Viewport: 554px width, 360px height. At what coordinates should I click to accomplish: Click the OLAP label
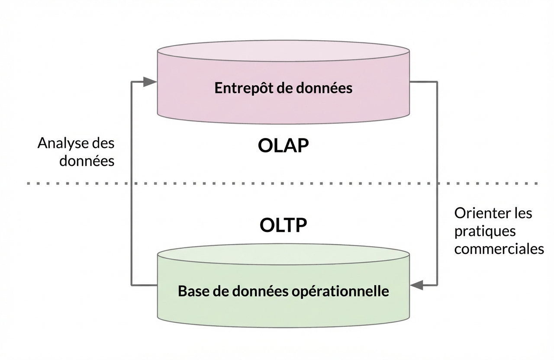(x=283, y=146)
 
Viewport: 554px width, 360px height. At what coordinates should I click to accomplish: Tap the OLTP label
(x=283, y=225)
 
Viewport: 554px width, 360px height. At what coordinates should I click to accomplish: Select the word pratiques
(x=479, y=231)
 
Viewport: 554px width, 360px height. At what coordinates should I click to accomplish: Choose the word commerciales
(x=499, y=249)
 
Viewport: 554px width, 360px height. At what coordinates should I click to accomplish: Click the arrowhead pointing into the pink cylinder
(x=150, y=81)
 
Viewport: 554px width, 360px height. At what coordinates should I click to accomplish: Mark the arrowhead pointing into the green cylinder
(x=416, y=285)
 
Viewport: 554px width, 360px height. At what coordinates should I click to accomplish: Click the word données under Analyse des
(x=87, y=161)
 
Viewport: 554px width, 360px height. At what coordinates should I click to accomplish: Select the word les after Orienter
(x=522, y=213)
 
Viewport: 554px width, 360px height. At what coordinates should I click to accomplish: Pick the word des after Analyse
(x=103, y=143)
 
